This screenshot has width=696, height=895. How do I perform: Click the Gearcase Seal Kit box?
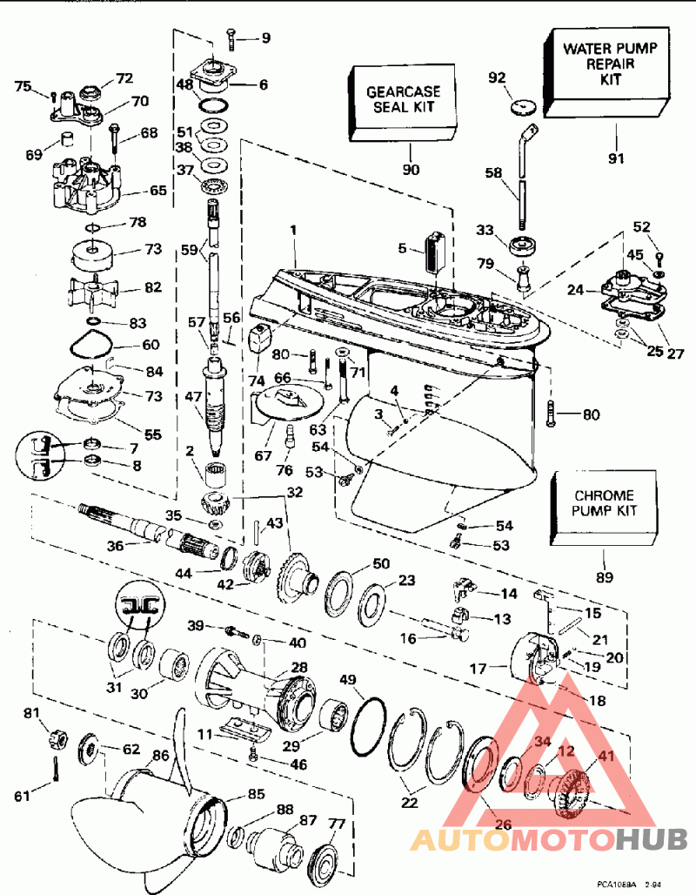tap(403, 99)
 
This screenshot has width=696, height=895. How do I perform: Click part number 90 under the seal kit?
tap(411, 169)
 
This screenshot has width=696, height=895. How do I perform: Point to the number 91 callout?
tap(619, 158)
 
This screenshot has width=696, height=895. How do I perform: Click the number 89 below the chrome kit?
tap(603, 576)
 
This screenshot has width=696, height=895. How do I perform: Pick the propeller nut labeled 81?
tap(57, 743)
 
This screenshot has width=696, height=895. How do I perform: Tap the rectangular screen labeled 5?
tap(433, 254)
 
